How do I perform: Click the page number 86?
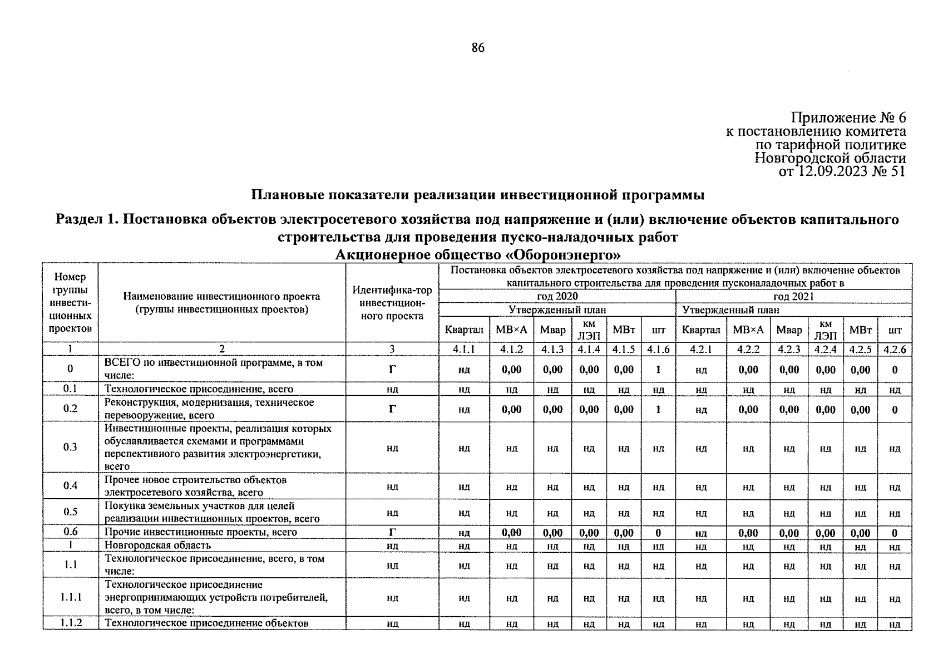(478, 48)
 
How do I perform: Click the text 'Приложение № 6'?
(848, 118)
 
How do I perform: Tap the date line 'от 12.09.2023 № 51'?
(842, 171)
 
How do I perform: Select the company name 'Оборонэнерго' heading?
(478, 256)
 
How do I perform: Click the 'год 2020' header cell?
(557, 296)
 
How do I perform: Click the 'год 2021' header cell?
(793, 296)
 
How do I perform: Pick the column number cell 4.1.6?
(658, 350)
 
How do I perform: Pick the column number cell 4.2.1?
(701, 350)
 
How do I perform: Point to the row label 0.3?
(70, 447)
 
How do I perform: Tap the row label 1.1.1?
(71, 597)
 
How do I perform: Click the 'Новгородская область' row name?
(158, 546)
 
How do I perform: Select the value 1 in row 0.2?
(658, 410)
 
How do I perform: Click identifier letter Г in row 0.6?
(392, 533)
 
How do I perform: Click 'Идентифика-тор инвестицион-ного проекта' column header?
(392, 303)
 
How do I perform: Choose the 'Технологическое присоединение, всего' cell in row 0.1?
(199, 389)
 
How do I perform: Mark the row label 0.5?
(70, 512)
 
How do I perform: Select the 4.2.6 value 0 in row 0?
(894, 370)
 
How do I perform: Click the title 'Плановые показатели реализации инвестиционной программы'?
(478, 195)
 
